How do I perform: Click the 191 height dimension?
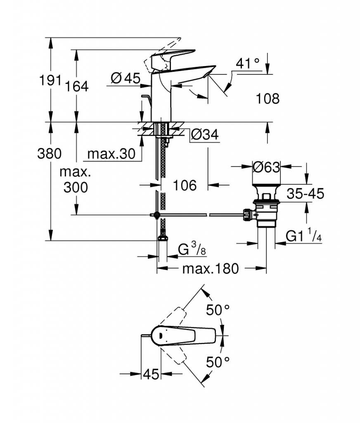[x=50, y=80]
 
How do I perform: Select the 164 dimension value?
[x=77, y=86]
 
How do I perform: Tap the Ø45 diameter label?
[x=126, y=78]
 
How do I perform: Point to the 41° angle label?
[x=248, y=64]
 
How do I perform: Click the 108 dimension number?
[x=268, y=98]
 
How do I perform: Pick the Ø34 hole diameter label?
[x=205, y=134]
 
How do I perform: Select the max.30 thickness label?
[x=111, y=154]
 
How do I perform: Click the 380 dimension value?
[x=50, y=154]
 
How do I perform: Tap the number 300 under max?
[x=76, y=187]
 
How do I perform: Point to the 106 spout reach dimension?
[x=185, y=185]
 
